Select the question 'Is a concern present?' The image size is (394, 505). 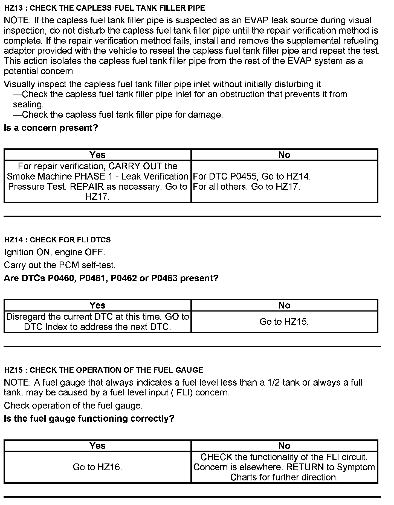pyautogui.click(x=51, y=128)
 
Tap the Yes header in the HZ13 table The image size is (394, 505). pyautogui.click(x=97, y=155)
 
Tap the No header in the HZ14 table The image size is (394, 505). pyautogui.click(x=284, y=305)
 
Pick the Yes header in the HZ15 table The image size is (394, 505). pyautogui.click(x=97, y=446)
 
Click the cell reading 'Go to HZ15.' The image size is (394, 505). pyautogui.click(x=284, y=322)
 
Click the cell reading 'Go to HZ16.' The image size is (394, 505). pyautogui.click(x=97, y=467)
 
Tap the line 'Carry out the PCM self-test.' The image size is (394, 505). pyautogui.click(x=60, y=265)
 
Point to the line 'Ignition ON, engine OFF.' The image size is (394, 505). pyautogui.click(x=55, y=252)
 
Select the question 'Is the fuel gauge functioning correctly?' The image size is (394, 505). pyautogui.click(x=89, y=418)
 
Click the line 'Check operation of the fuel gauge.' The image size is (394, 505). pyautogui.click(x=73, y=405)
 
